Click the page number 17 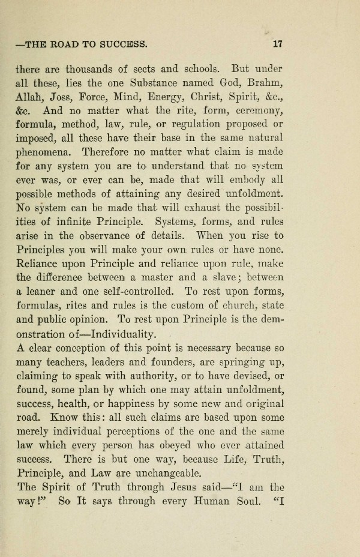[277, 44]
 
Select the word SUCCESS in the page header [119, 44]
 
